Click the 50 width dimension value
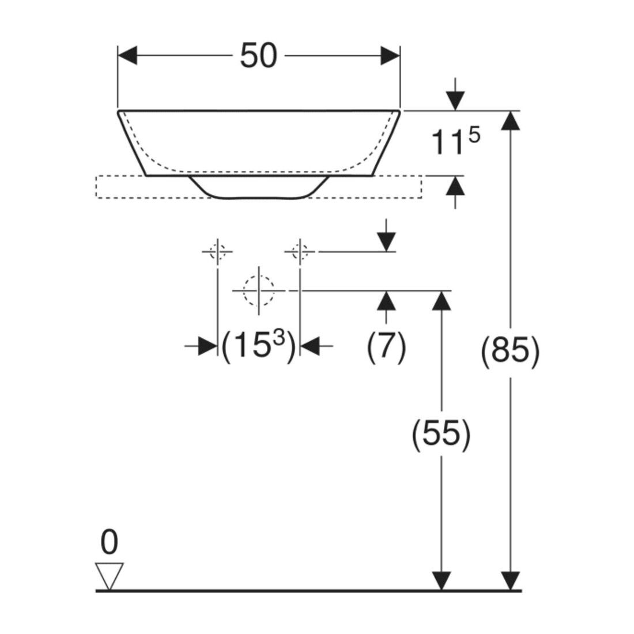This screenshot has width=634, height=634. coord(259,55)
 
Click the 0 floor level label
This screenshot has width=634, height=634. coord(109,542)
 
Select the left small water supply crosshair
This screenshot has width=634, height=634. coord(217,251)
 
